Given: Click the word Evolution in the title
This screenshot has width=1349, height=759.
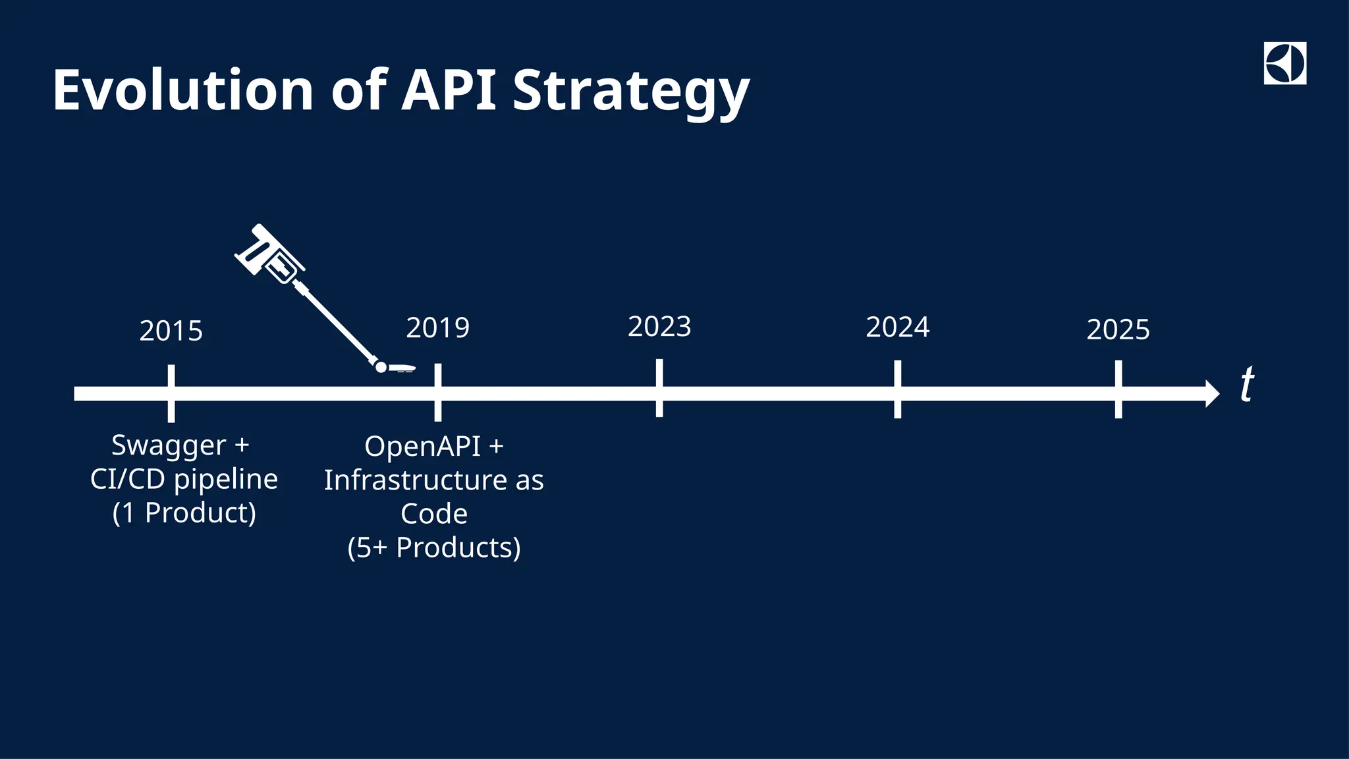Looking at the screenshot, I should coord(182,90).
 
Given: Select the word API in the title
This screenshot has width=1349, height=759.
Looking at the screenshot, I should coord(449,90).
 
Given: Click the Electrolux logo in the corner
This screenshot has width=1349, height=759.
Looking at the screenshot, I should coord(1284,63).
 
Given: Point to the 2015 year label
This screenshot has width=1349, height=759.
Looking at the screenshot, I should coord(171,331).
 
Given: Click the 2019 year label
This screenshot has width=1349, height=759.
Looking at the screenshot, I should coord(437,328).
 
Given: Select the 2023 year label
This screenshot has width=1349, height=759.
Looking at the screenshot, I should coord(659,327).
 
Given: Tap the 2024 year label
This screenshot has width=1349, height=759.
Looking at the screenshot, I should coord(897,327).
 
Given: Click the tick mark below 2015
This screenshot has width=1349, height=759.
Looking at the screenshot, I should coord(171,393).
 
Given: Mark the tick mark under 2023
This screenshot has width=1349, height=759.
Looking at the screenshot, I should coord(659,388).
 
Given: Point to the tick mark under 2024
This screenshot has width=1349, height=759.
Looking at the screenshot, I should coord(897,389).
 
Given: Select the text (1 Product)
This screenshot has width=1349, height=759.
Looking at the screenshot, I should coord(184,513).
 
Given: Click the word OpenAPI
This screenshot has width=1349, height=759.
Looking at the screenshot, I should coord(422,447).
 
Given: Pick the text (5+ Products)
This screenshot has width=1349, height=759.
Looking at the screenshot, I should coord(434,548).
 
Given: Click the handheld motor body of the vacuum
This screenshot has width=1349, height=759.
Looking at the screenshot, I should coord(270,254).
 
